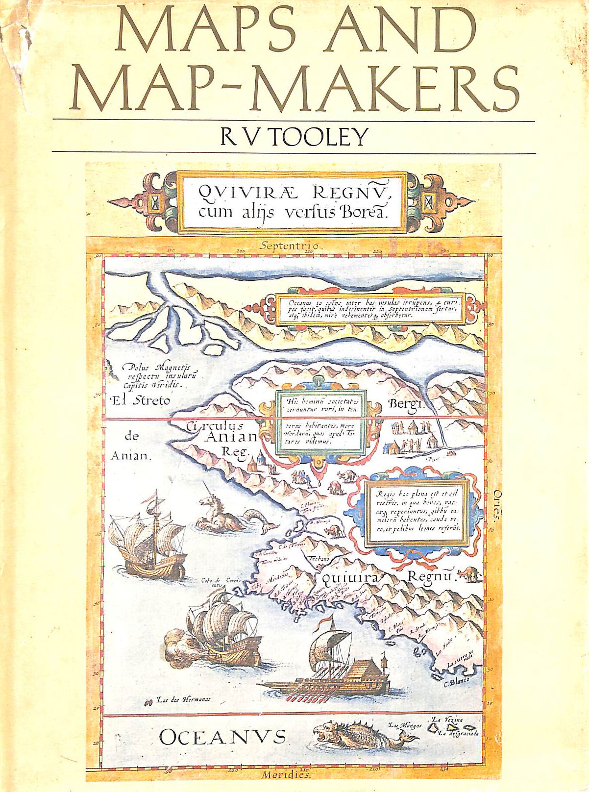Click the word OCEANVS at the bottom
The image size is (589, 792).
point(222,737)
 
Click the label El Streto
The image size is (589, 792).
point(140,400)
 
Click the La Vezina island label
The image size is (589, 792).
point(446,720)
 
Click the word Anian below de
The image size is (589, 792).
point(129,456)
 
